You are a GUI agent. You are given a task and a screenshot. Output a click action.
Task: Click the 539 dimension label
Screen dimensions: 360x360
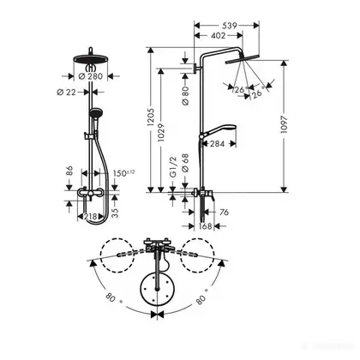230,26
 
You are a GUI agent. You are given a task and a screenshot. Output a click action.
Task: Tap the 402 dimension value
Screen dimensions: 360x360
218,36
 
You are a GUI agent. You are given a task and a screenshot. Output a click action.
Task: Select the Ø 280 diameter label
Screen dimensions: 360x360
90,76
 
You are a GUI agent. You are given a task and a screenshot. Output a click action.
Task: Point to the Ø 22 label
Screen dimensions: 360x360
67,92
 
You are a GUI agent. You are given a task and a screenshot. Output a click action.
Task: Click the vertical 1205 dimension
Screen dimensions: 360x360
151,117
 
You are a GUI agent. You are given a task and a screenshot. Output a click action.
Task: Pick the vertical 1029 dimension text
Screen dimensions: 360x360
161,133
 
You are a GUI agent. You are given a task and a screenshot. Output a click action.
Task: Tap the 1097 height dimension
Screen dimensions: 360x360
284,124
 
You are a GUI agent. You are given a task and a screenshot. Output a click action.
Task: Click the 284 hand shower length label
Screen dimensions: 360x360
217,144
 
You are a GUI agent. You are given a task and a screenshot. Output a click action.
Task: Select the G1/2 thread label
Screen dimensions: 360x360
173,167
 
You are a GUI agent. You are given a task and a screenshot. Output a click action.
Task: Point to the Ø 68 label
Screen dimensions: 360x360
185,163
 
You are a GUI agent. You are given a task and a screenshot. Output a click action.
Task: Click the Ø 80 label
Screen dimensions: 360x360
185,95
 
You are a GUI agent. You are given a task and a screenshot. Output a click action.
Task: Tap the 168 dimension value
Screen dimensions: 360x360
205,226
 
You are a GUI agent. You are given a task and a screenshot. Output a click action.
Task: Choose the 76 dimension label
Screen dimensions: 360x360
225,212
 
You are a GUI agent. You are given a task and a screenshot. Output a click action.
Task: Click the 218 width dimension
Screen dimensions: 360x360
91,217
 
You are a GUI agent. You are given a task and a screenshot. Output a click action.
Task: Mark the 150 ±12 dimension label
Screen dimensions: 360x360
123,173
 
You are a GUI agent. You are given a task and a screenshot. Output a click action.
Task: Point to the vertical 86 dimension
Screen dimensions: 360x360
69,171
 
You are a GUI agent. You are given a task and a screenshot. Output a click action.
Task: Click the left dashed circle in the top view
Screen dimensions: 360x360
117,255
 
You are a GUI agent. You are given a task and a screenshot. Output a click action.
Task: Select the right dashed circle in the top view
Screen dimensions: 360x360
198,255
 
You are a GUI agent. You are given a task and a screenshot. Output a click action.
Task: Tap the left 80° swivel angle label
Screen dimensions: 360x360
113,298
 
